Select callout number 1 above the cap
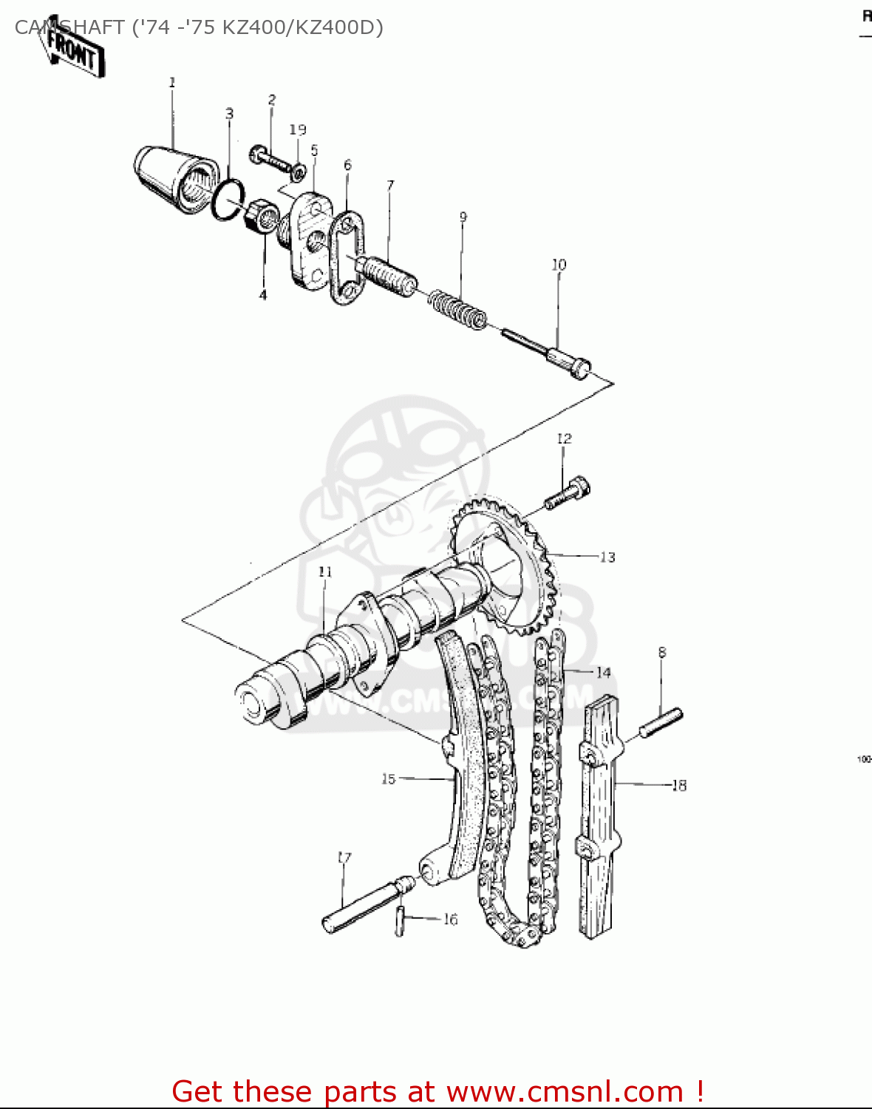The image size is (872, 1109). click(x=172, y=82)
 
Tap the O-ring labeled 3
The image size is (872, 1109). click(x=228, y=200)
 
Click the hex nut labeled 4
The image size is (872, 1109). click(x=262, y=216)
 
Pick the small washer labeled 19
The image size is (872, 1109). click(x=299, y=172)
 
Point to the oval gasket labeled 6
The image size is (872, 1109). click(x=347, y=258)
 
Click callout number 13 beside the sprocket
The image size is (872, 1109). click(x=607, y=557)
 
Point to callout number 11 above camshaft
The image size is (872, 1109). click(x=325, y=572)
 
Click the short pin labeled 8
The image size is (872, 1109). click(x=661, y=722)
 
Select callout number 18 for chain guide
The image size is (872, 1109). click(x=678, y=785)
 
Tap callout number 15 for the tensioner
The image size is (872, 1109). click(x=389, y=779)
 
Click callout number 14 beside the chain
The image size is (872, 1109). click(x=603, y=672)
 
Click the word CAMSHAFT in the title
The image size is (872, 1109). click(x=69, y=28)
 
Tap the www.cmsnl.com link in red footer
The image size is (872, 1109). click(x=565, y=1091)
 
